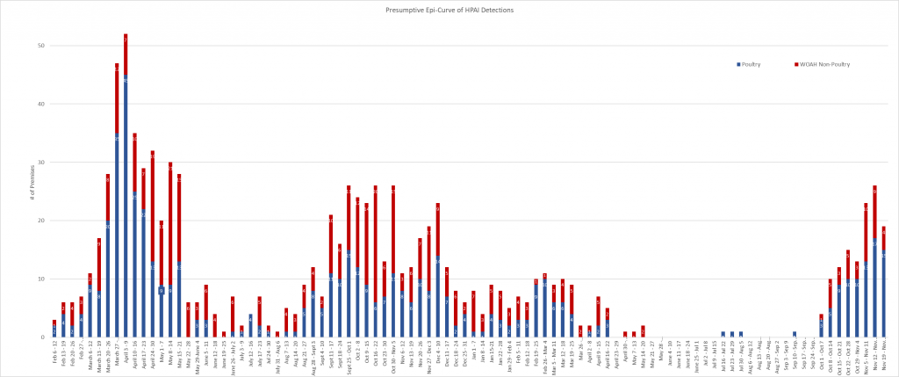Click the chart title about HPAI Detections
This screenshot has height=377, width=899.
449,10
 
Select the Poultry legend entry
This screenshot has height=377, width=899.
752,65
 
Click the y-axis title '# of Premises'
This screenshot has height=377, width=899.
31,192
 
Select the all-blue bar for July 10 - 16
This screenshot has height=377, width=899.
250,326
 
